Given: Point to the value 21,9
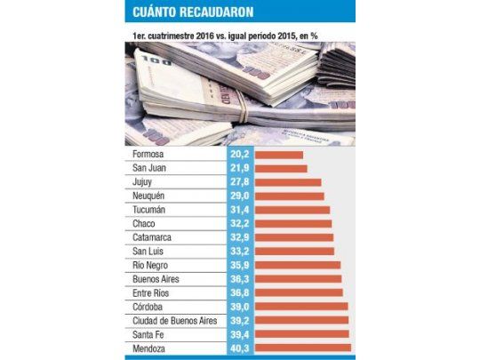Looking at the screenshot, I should (239, 168).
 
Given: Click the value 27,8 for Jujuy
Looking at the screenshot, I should (239, 182).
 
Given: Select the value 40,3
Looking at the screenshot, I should (239, 348).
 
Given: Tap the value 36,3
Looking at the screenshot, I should (239, 279).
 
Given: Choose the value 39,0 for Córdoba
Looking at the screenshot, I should (239, 307).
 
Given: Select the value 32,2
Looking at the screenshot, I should (239, 224).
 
